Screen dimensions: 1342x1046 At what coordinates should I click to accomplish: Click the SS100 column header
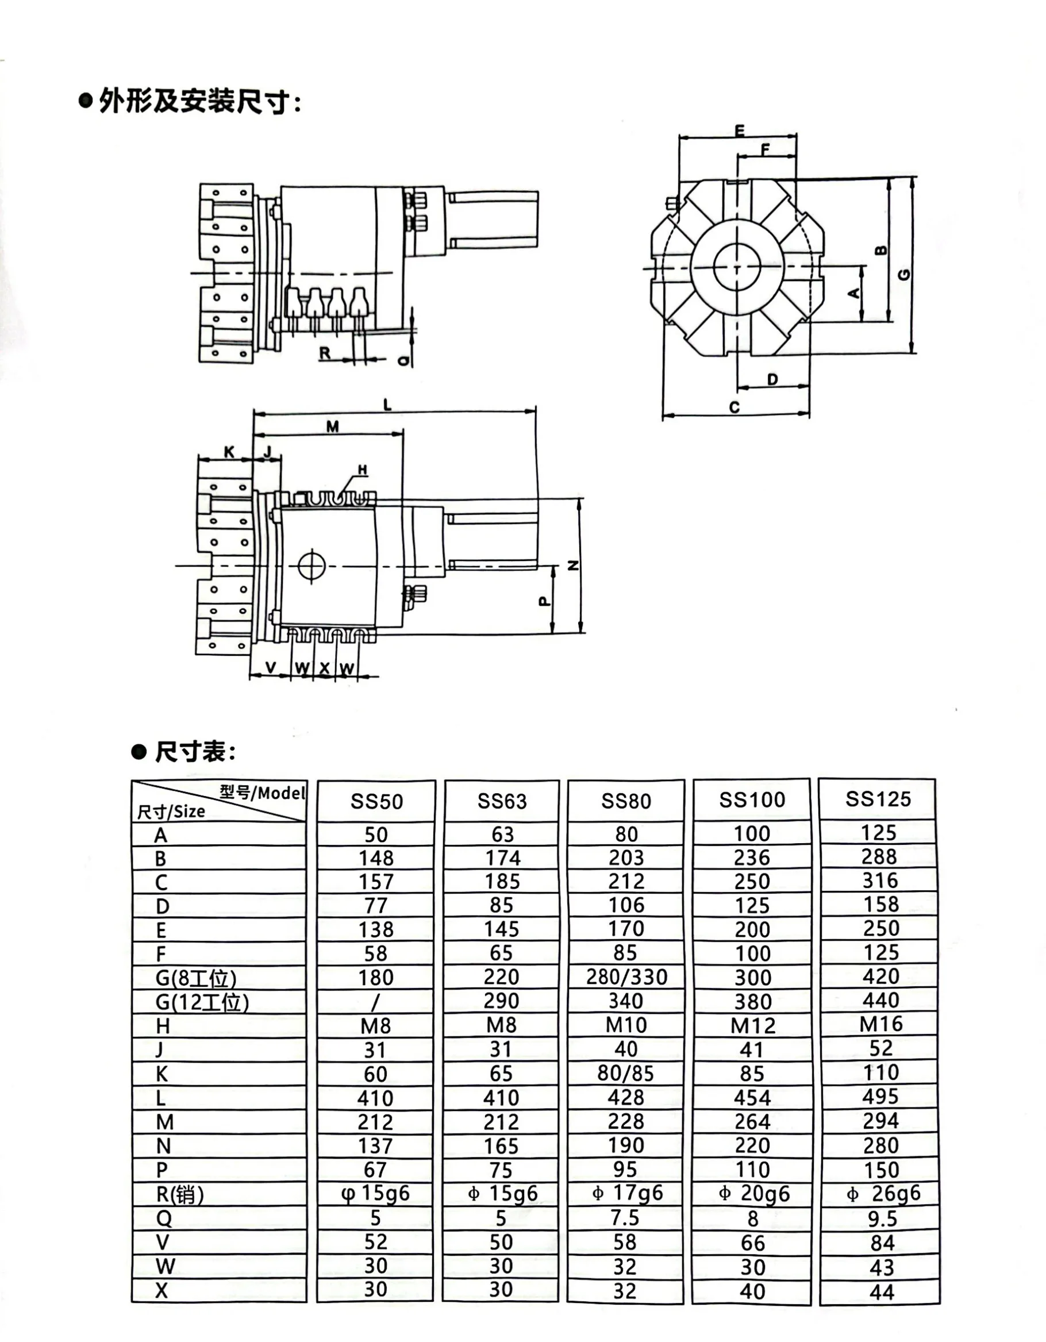click(x=752, y=799)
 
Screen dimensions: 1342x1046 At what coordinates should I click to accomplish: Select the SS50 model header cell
click(x=376, y=801)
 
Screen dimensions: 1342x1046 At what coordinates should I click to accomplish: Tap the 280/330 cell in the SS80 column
click(x=626, y=977)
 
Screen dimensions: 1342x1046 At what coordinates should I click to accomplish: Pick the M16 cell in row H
click(x=880, y=1024)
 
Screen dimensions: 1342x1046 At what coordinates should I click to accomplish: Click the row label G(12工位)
click(x=202, y=1002)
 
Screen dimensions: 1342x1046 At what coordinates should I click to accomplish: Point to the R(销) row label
click(x=179, y=1194)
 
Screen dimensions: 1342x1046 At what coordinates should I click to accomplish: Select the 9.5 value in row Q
click(x=881, y=1218)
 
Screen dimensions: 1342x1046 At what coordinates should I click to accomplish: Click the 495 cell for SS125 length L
click(x=880, y=1097)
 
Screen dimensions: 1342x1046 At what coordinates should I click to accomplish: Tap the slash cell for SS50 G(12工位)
click(x=375, y=1002)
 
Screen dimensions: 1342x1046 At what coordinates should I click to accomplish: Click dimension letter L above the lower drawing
click(x=387, y=404)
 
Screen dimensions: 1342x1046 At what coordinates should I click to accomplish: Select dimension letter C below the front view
click(x=734, y=407)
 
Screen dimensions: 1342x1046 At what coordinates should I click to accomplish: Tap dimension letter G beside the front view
click(x=903, y=274)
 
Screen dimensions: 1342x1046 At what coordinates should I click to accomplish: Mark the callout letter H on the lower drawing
click(x=362, y=470)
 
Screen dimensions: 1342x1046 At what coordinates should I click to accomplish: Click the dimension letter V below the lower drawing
click(x=271, y=667)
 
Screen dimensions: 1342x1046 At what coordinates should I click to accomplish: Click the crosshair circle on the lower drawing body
click(x=312, y=566)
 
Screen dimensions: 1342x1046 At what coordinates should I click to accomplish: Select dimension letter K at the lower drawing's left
click(x=229, y=452)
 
